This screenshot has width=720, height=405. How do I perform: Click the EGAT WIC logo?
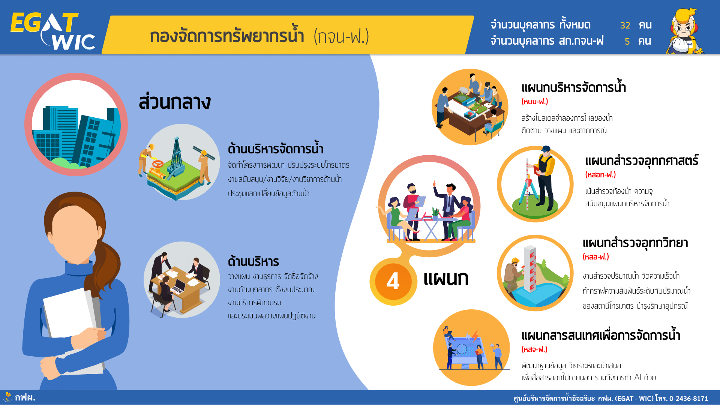(x=52, y=31)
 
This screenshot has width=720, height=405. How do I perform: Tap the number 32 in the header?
(x=625, y=25)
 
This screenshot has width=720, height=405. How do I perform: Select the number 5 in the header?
(x=627, y=42)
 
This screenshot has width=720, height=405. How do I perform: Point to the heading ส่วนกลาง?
(x=175, y=102)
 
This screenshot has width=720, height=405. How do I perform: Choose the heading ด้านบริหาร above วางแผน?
(x=253, y=261)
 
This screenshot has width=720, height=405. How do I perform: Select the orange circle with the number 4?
(x=393, y=281)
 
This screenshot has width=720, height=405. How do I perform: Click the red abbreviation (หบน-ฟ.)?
(x=535, y=102)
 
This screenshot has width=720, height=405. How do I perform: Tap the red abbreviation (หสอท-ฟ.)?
(x=600, y=175)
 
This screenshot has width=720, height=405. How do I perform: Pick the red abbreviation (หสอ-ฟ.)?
(x=596, y=257)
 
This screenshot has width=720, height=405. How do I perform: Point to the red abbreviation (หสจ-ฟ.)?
(x=534, y=349)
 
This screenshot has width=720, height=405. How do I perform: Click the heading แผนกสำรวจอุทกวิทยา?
(x=635, y=243)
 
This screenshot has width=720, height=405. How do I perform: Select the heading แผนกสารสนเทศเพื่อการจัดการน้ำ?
(x=601, y=335)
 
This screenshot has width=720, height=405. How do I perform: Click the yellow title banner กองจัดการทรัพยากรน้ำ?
(x=288, y=35)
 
